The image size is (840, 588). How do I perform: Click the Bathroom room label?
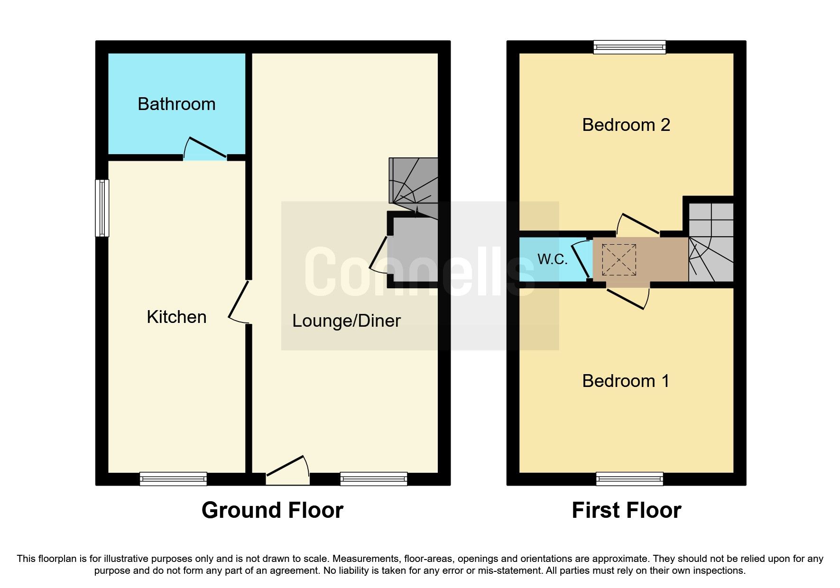pos(176,104)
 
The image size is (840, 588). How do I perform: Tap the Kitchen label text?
pos(176,317)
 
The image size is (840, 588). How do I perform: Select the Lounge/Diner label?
pos(346,321)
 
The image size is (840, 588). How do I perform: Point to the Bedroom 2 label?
pos(626,125)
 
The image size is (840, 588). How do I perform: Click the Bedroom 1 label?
pos(626,381)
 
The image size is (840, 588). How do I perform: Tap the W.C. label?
pos(552,259)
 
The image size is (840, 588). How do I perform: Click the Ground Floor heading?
pos(272,511)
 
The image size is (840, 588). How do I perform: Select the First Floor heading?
pos(626,511)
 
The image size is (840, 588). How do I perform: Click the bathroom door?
pos(207,147)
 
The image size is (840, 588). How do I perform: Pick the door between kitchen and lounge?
pos(239,301)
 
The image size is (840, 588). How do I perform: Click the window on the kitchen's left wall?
pos(102,208)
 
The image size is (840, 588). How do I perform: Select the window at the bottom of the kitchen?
pos(173,479)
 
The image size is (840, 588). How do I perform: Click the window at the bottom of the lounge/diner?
pos(374,479)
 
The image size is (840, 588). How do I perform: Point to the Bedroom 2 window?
pos(629,47)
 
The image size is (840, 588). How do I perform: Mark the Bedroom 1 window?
pos(629,479)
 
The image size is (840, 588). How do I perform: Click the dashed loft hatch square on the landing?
pos(619,260)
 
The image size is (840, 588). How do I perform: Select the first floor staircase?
pos(711,242)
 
